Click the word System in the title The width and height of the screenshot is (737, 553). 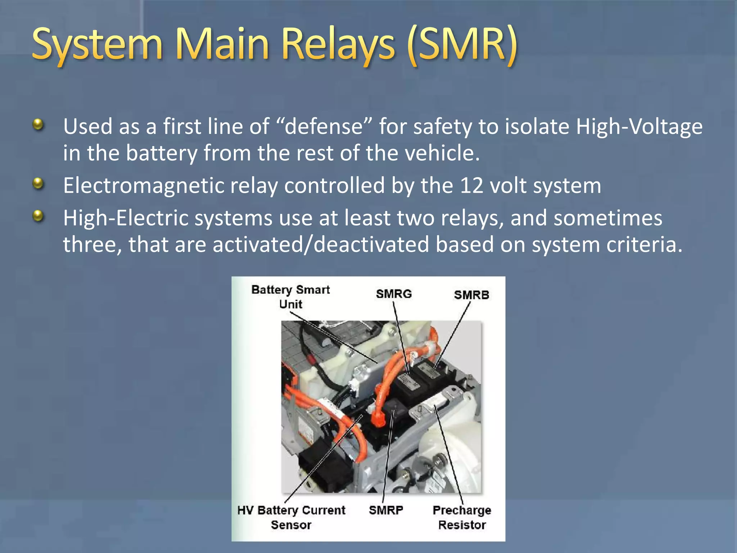(97, 45)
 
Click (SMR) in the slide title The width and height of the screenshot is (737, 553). (462, 45)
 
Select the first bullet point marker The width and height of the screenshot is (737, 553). (38, 125)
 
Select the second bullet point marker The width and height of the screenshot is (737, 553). (38, 184)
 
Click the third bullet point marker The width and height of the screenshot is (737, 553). (38, 216)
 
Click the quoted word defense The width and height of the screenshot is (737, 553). (324, 126)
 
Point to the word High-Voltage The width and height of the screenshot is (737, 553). (639, 126)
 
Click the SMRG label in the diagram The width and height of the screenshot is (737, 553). (394, 294)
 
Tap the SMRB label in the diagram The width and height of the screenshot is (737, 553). (471, 295)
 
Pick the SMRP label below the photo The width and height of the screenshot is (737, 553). (386, 510)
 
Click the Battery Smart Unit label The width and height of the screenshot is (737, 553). (290, 297)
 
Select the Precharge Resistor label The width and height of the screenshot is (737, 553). (462, 517)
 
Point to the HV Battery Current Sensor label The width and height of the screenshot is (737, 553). (291, 517)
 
